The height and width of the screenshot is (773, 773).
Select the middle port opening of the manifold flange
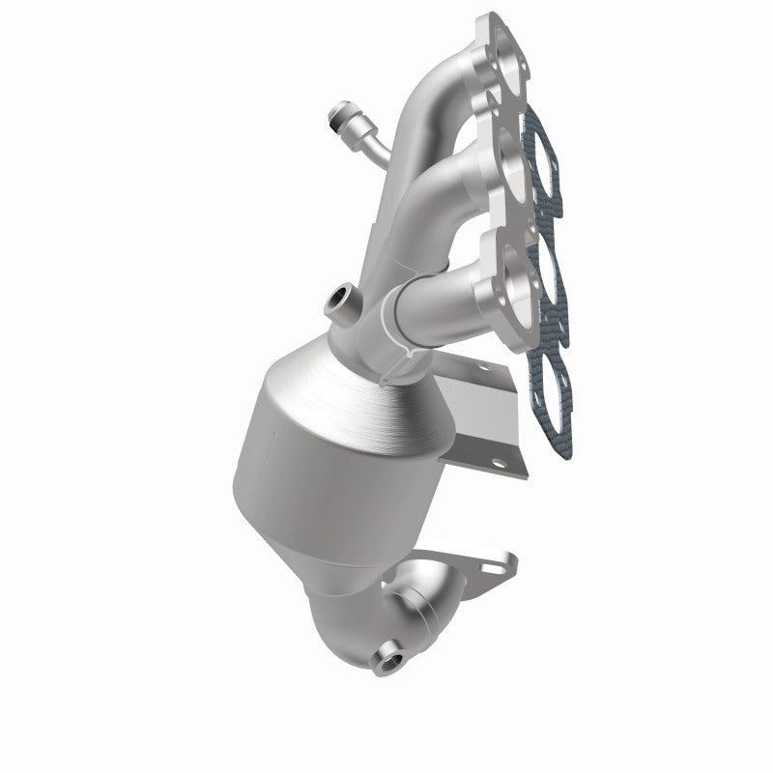[x=509, y=169]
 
